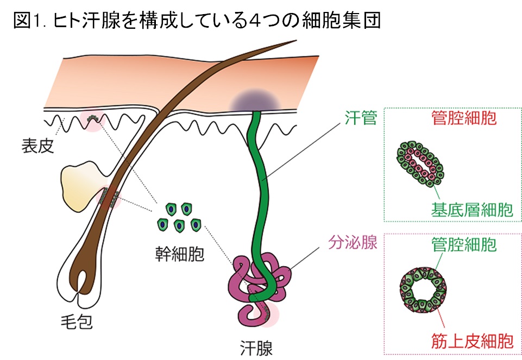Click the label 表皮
pos(38,146)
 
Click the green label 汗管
pos(361,118)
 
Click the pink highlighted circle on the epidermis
pos(91,121)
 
